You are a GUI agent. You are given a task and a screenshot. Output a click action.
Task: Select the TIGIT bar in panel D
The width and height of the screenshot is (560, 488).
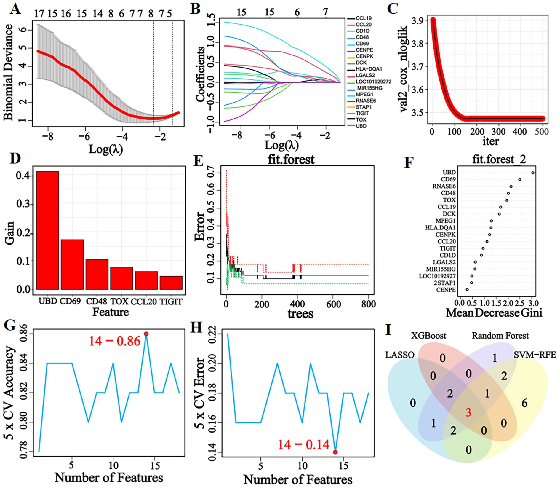[171, 283]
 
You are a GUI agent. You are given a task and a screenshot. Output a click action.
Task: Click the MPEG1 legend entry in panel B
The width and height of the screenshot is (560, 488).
[364, 94]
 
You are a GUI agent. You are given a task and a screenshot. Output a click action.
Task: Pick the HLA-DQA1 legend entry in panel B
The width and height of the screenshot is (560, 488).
[369, 69]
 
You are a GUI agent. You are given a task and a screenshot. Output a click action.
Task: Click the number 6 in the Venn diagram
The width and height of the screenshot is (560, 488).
[524, 403]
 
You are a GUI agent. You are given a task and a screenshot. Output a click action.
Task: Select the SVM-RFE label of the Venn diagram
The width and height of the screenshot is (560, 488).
[535, 354]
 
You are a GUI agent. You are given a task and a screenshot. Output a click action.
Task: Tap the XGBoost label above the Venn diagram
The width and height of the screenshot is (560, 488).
[428, 336]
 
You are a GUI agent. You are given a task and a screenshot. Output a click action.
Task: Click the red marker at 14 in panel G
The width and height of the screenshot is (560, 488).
[146, 334]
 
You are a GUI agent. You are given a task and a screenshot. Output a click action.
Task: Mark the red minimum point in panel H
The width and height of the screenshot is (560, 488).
[335, 452]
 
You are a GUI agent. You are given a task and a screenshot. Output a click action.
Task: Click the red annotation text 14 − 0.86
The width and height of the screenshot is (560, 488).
[114, 341]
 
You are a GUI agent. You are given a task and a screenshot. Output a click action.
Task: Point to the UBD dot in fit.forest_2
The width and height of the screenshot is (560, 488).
[533, 173]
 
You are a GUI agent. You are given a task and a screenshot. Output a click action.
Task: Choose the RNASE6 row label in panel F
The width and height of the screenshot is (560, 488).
[444, 186]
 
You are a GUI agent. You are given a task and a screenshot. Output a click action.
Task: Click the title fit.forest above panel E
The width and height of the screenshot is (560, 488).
[291, 160]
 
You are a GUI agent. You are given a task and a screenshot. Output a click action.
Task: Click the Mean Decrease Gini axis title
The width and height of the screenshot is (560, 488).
[494, 312]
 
